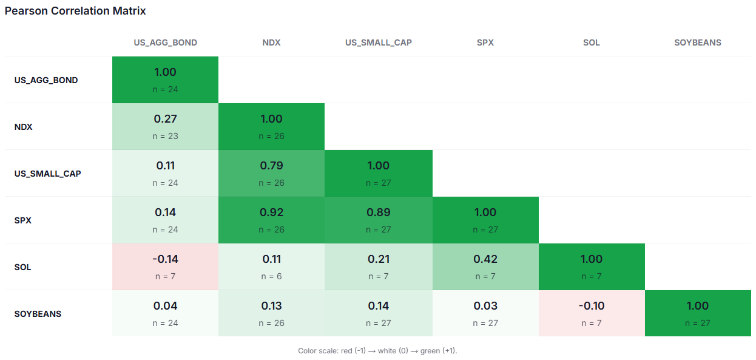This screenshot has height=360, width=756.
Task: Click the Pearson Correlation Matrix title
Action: coord(75,11)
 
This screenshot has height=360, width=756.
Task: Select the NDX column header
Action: coord(271,42)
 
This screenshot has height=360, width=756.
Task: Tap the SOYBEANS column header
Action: coord(698,42)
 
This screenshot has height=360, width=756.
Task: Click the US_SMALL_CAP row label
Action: coord(47,174)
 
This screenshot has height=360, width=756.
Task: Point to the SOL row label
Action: coord(22,267)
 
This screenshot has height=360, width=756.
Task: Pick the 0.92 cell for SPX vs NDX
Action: coord(271,220)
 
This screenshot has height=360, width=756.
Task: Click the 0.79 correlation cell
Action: coord(271,173)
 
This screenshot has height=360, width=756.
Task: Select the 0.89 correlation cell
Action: coord(379,220)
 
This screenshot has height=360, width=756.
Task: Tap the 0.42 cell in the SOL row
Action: coord(485,267)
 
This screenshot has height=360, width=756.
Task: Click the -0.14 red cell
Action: coord(165,267)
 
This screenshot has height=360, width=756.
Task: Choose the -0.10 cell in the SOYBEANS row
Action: coord(592,313)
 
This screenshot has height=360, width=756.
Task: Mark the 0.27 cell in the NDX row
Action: coord(165,126)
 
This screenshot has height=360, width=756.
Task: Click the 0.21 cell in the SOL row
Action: coord(379,267)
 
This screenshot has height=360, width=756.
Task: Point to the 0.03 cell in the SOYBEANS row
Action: coord(485,313)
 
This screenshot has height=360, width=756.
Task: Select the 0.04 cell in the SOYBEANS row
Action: coord(165,313)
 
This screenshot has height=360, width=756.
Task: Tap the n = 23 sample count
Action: coord(165,136)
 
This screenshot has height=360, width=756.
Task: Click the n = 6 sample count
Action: coord(271,276)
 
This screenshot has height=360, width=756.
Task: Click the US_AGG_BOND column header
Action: coord(165,42)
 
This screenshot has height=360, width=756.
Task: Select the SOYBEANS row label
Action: coord(38,314)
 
